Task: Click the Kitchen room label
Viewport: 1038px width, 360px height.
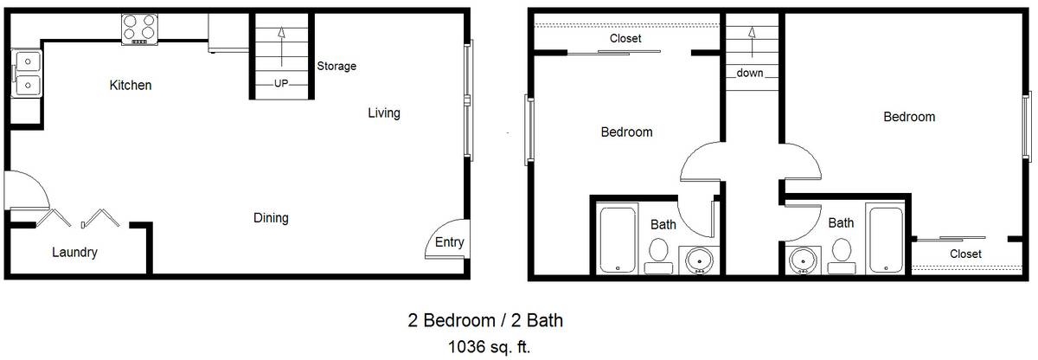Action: click(131, 86)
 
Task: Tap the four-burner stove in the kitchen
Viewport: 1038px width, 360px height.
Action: click(139, 29)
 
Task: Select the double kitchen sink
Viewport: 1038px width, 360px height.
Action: click(28, 74)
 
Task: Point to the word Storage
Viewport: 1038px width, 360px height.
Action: click(336, 67)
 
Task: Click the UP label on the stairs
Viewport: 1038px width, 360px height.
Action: click(281, 83)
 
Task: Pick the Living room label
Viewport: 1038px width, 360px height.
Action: click(384, 113)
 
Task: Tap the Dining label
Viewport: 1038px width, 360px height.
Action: click(271, 218)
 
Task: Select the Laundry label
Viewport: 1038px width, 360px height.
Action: click(74, 253)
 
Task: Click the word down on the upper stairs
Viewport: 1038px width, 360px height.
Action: click(750, 73)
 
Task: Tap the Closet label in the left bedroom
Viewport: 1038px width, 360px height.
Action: click(625, 38)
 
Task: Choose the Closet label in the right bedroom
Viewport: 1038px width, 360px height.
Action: click(965, 254)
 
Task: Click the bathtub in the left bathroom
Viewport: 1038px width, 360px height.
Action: click(618, 239)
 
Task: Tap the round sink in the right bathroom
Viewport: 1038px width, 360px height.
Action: click(803, 260)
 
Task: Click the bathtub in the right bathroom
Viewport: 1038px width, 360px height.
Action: click(886, 239)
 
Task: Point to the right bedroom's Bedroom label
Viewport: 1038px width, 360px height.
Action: click(909, 117)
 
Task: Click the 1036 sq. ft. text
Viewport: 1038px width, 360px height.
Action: click(489, 346)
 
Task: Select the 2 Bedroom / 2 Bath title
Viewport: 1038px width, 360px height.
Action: click(485, 320)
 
